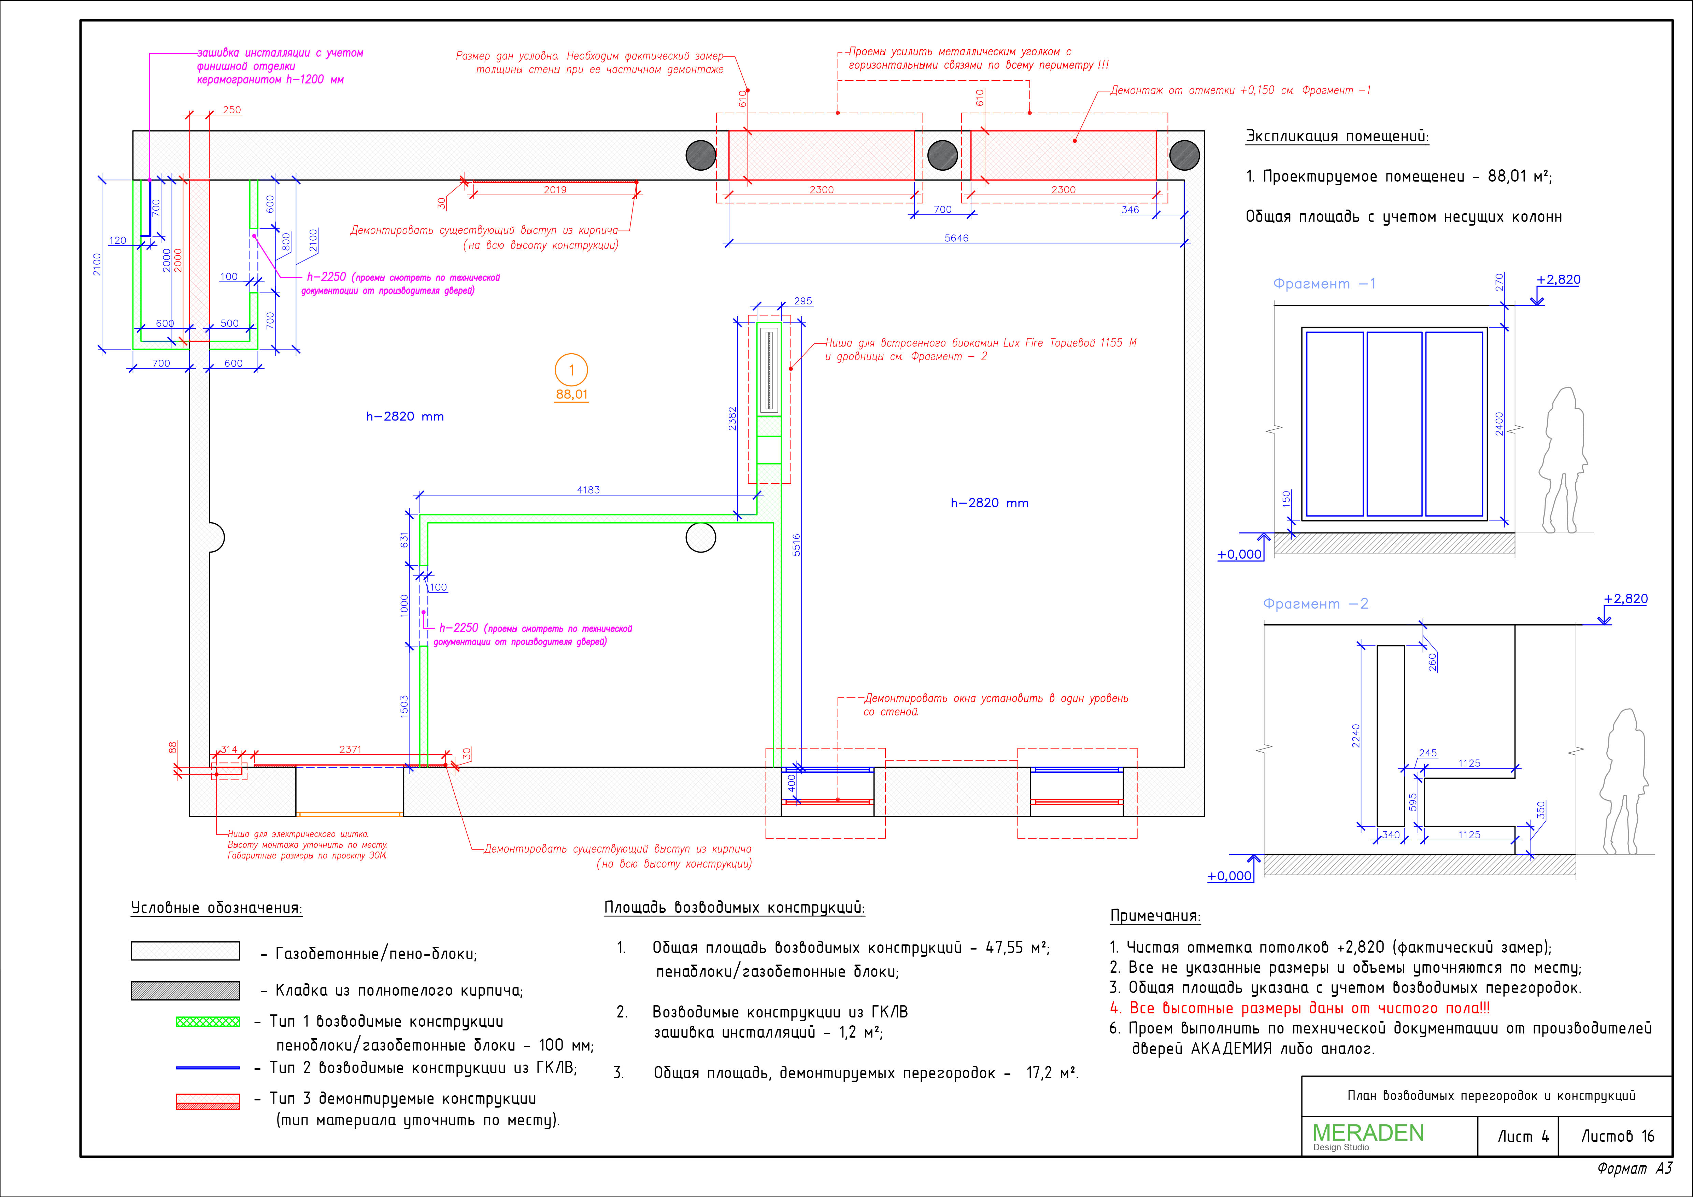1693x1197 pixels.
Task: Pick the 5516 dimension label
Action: point(796,545)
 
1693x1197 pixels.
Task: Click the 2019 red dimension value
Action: point(555,189)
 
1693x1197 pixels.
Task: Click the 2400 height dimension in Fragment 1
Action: point(1499,424)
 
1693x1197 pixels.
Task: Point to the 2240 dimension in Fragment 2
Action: point(1355,736)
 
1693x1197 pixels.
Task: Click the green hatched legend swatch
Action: point(208,1022)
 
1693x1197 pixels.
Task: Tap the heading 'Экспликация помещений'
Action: point(1337,137)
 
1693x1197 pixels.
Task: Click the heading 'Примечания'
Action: point(1155,916)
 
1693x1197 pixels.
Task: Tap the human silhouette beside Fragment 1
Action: point(1562,460)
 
